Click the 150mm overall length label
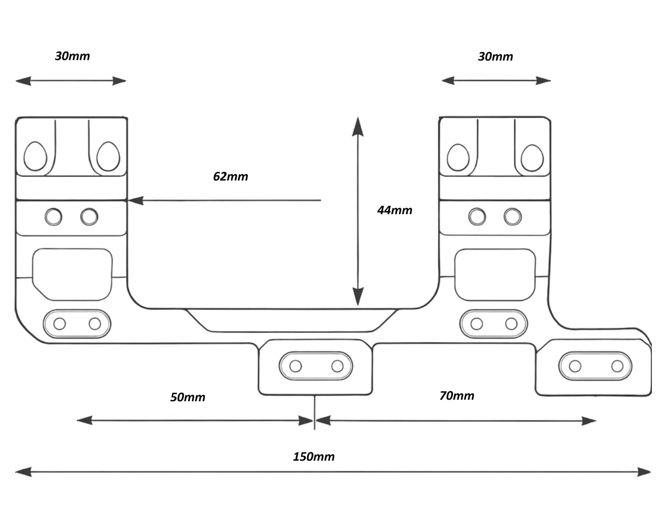tap(313, 457)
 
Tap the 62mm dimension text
tap(230, 176)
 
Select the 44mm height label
tap(394, 210)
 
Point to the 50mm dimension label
tap(187, 397)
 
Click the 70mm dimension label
tap(456, 396)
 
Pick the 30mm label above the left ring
tap(72, 56)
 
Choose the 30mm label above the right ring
tap(495, 56)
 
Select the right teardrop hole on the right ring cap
tap(532, 157)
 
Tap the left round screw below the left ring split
tap(53, 217)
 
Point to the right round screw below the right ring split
tap(512, 217)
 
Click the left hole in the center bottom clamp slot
tap(296, 366)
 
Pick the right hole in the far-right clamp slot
tap(617, 366)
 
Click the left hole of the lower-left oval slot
tap(59, 324)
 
